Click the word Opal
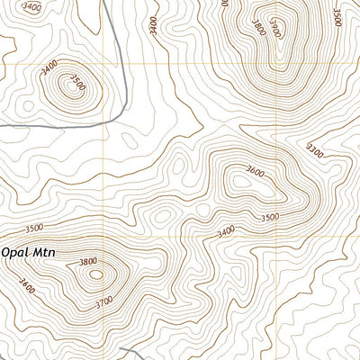pyautogui.click(x=16, y=253)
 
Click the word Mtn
pyautogui.click(x=44, y=253)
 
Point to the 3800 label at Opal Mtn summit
pyautogui.click(x=87, y=262)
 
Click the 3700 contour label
pyautogui.click(x=104, y=303)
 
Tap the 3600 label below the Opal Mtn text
pyautogui.click(x=26, y=289)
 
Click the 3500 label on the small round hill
pyautogui.click(x=77, y=85)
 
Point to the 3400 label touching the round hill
pyautogui.click(x=49, y=65)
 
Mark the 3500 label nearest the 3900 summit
pyautogui.click(x=336, y=17)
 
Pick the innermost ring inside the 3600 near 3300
pyautogui.click(x=241, y=181)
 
